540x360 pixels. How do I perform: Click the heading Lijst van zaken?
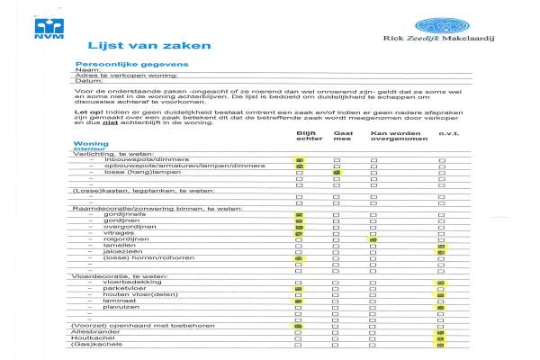click(x=148, y=45)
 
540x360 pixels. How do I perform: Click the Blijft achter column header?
click(x=309, y=136)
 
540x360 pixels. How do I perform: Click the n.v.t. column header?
click(x=448, y=133)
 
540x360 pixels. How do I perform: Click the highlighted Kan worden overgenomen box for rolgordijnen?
click(x=373, y=239)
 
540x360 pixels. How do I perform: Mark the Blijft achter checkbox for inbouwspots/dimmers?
click(x=300, y=160)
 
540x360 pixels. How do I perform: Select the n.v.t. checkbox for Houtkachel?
click(x=441, y=338)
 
